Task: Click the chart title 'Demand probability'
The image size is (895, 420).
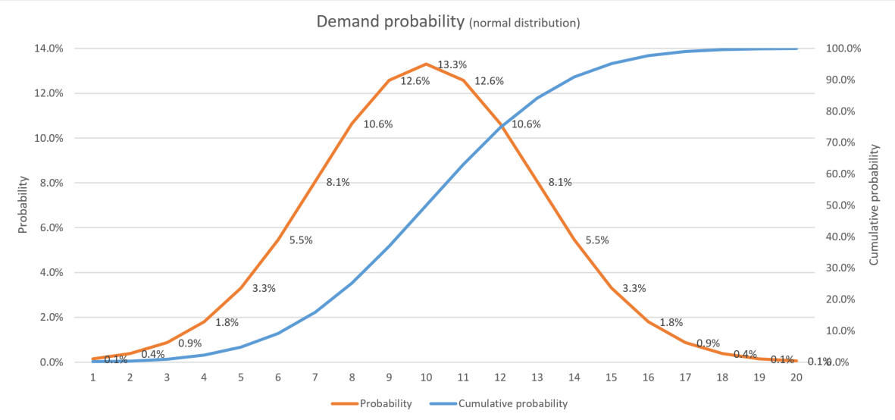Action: [390, 21]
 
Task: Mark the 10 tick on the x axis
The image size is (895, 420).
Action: [426, 377]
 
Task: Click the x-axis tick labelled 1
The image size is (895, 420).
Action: [92, 377]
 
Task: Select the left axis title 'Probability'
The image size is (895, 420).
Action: [23, 205]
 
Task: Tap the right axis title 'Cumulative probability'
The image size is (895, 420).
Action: [874, 205]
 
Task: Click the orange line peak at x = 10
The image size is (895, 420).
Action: [426, 64]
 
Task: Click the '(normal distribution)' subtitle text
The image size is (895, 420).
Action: [524, 23]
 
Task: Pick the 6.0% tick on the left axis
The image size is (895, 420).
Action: [50, 227]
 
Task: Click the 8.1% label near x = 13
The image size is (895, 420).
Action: [560, 182]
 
